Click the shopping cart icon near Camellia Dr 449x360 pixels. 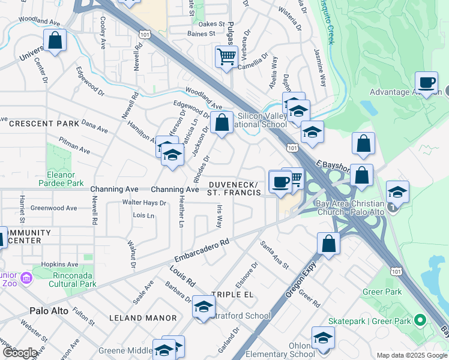click(x=226, y=57)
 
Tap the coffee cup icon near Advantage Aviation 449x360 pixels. click(x=427, y=82)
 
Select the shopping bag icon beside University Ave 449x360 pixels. click(x=55, y=41)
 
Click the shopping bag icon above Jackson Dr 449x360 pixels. click(x=221, y=122)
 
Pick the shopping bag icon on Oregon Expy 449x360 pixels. click(x=328, y=244)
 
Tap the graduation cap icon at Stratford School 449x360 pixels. click(x=203, y=306)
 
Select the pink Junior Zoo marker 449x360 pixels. click(x=26, y=278)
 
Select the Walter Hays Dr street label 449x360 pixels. click(x=144, y=203)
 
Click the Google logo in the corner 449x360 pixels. click(x=20, y=353)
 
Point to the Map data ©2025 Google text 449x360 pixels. click(x=412, y=355)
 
